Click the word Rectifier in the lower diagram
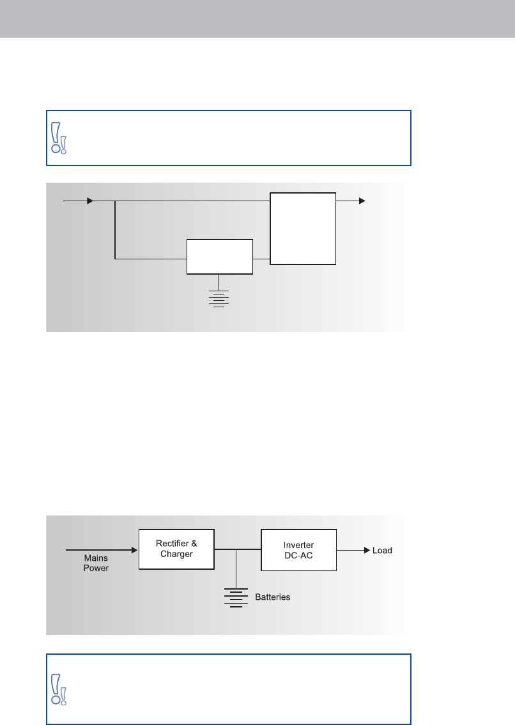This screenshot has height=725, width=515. click(173, 544)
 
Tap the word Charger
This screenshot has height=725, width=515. click(176, 554)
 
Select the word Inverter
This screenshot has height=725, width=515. click(298, 546)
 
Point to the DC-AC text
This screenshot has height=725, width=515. click(298, 556)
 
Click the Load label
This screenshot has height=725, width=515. click(382, 550)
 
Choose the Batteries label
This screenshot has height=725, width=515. click(273, 597)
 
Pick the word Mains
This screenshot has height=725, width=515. click(96, 558)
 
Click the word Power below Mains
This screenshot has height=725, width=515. click(96, 568)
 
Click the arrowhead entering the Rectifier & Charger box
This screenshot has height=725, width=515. click(134, 549)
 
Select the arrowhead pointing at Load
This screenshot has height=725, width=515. click(367, 550)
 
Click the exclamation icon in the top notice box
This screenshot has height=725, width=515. click(58, 138)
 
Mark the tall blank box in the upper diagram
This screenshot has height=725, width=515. click(303, 228)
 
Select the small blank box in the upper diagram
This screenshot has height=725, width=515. click(219, 257)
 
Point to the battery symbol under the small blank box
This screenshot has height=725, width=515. click(219, 298)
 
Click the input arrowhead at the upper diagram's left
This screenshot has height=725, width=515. click(90, 201)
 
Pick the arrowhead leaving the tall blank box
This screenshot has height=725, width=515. click(362, 201)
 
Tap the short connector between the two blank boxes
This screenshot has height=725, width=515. click(261, 259)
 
